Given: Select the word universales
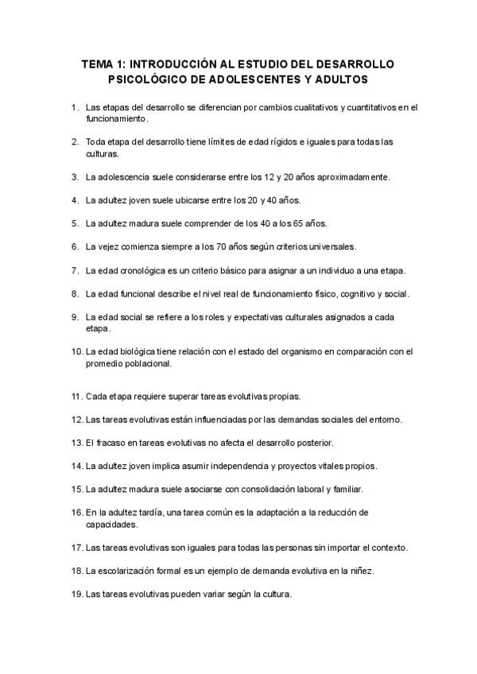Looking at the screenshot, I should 328,246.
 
